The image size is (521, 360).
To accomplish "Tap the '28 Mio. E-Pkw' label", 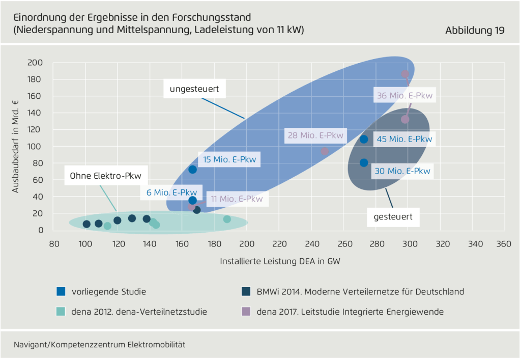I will click(x=315, y=135).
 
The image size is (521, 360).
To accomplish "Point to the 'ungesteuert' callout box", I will click(x=194, y=89).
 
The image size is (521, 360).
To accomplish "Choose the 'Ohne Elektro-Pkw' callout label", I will click(x=106, y=176).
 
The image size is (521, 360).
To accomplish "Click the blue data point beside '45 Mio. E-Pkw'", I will click(x=364, y=139).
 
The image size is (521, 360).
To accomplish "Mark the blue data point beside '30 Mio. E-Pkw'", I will click(x=364, y=163).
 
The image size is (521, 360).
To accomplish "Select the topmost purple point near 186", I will click(x=405, y=74).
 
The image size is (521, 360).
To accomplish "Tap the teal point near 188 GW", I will click(x=227, y=219).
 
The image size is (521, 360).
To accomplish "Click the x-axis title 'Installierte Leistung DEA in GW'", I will click(x=280, y=262).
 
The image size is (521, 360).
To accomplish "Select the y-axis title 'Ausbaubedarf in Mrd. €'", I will click(x=16, y=147).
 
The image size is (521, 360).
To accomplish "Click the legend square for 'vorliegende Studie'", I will click(x=61, y=292).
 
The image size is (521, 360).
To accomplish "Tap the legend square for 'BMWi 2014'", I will click(x=246, y=292).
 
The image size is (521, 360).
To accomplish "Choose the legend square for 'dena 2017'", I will click(x=246, y=311).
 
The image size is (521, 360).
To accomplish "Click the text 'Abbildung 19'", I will click(x=475, y=31).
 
